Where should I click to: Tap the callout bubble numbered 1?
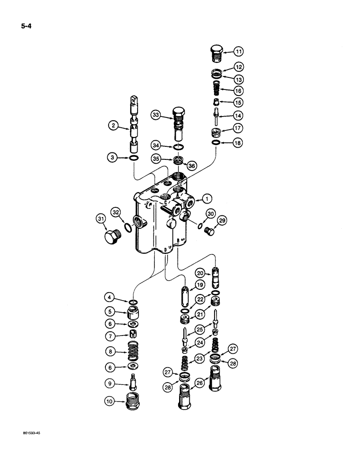(203, 199)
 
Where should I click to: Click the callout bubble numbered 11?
(238, 51)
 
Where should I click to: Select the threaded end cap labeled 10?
(134, 401)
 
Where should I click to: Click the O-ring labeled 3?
(133, 160)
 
